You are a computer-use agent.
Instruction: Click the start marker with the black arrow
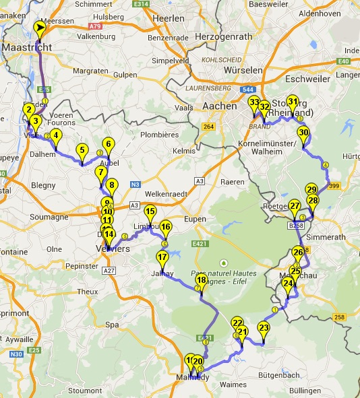click(x=40, y=28)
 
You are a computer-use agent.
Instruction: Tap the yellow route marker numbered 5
click(x=82, y=151)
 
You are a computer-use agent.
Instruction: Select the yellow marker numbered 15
click(x=150, y=212)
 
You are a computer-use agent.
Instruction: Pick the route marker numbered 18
click(x=201, y=280)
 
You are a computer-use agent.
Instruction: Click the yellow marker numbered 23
click(x=264, y=329)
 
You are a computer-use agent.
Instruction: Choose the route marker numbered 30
click(x=303, y=133)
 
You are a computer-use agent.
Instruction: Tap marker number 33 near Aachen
click(x=253, y=103)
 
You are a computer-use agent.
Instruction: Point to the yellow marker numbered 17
click(x=162, y=257)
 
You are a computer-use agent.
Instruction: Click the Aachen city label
click(x=219, y=106)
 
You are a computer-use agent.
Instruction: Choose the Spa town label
click(x=112, y=325)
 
